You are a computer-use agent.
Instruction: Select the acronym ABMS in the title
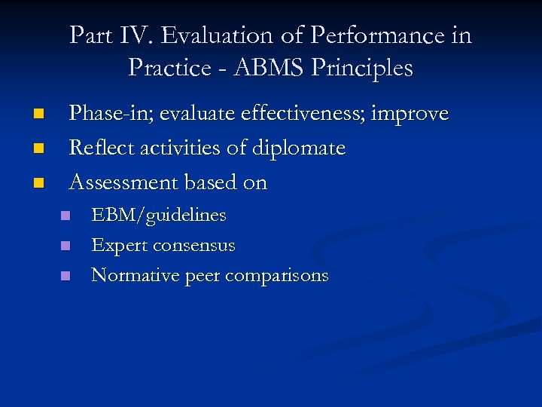coord(268,68)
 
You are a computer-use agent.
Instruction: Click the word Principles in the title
coord(368,68)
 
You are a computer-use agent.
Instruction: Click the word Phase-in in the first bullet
coord(103,114)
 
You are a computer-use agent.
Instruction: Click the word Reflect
coord(99,148)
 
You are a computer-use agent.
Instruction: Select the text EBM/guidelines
coord(158,216)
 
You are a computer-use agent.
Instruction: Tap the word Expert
coord(119,246)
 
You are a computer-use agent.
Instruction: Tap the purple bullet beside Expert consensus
coord(65,246)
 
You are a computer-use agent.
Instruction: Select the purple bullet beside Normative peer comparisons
coord(65,277)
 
